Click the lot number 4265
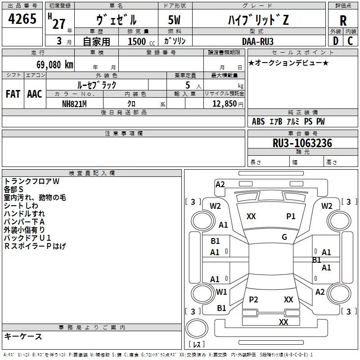[x=22, y=20]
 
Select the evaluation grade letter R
[x=343, y=20]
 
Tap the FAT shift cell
[x=13, y=94]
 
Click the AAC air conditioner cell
[x=35, y=94]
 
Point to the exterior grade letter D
[x=335, y=41]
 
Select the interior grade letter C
[x=351, y=41]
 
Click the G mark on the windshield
[x=284, y=237]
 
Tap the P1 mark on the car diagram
[x=291, y=216]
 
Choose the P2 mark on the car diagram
[x=253, y=300]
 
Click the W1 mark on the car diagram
[x=221, y=292]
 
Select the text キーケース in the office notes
[x=23, y=337]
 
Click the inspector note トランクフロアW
[x=31, y=181]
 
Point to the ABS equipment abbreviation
[x=258, y=121]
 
